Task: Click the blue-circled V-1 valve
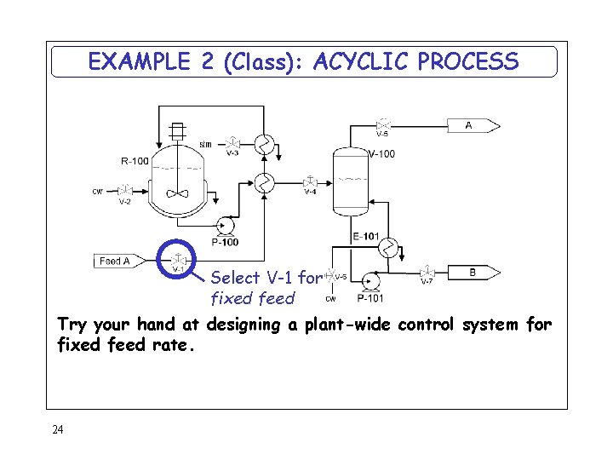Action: point(179,260)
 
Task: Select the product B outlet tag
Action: point(475,273)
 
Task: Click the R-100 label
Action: point(135,160)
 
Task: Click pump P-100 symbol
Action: point(226,226)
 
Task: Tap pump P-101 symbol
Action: point(370,280)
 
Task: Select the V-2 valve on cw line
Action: point(125,190)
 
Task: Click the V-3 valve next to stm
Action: point(232,141)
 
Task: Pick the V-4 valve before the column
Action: point(311,181)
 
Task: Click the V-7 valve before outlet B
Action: point(427,273)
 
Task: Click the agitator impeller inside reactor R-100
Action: point(178,193)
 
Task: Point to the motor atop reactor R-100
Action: point(177,131)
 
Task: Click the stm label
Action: point(205,144)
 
